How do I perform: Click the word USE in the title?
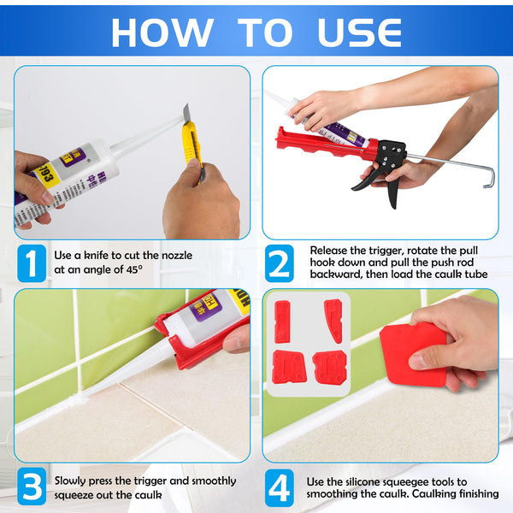tap(359, 32)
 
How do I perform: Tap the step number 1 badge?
tap(31, 264)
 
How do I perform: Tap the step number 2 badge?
tap(279, 264)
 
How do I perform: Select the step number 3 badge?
tap(31, 487)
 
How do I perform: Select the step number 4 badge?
tap(279, 487)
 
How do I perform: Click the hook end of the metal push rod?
tap(486, 178)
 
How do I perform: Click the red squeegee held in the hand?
tap(414, 352)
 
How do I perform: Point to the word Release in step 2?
tap(330, 251)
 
